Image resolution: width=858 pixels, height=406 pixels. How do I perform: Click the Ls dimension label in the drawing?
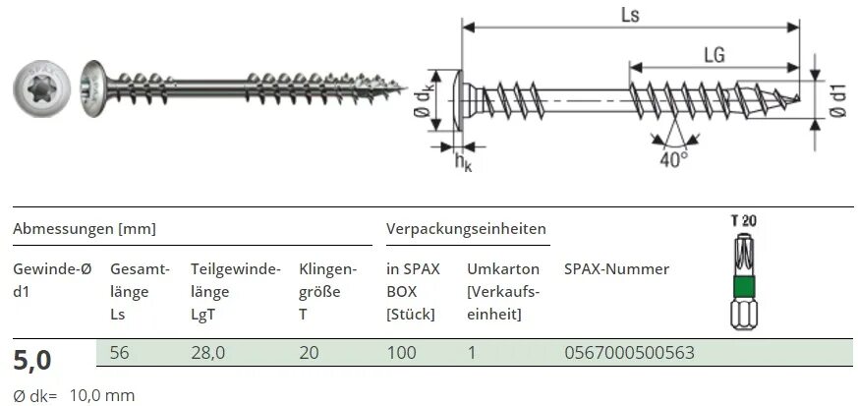tap(629, 15)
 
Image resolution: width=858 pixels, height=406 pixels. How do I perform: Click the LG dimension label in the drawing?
tap(714, 55)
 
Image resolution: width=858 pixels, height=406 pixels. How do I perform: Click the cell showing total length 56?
tap(119, 352)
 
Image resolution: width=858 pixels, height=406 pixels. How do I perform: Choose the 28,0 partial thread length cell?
tap(208, 352)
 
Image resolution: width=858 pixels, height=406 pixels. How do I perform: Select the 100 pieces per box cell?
tap(402, 352)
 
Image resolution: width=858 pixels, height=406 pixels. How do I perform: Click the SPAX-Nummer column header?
tap(616, 269)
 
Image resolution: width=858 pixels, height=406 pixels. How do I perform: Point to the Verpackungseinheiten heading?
tap(466, 228)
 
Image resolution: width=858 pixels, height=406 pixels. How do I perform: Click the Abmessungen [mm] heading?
tap(84, 228)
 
